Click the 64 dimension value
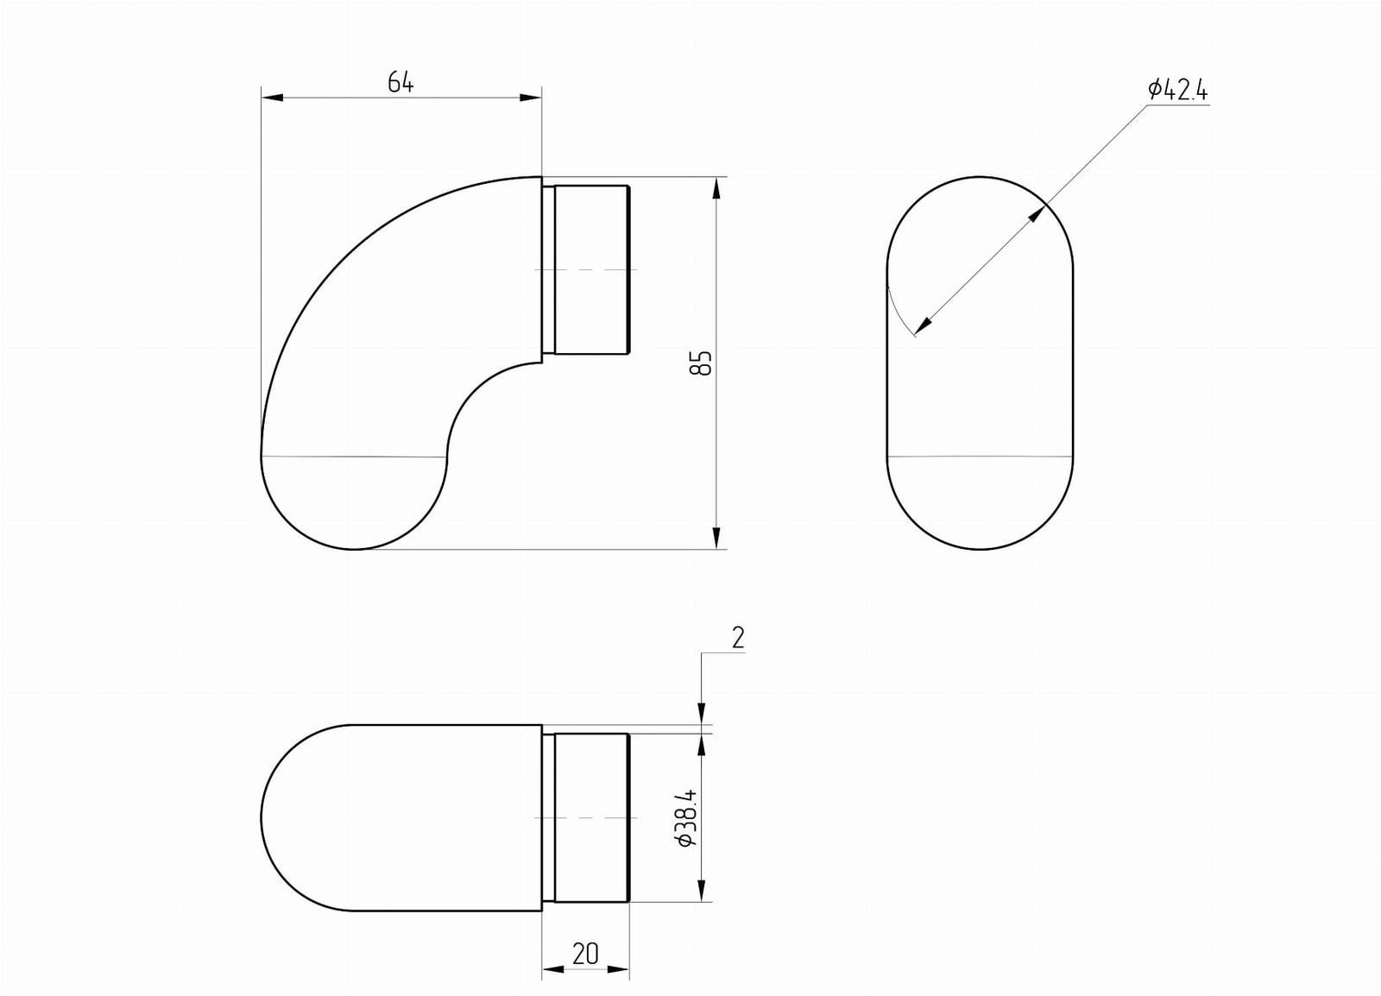tap(400, 81)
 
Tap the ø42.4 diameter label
tap(1177, 90)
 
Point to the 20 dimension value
tap(585, 954)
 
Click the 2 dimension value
tap(738, 638)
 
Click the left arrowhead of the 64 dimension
tap(272, 98)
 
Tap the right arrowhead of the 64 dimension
tap(531, 98)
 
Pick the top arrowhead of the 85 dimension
tap(716, 188)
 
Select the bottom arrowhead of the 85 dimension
tap(716, 538)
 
